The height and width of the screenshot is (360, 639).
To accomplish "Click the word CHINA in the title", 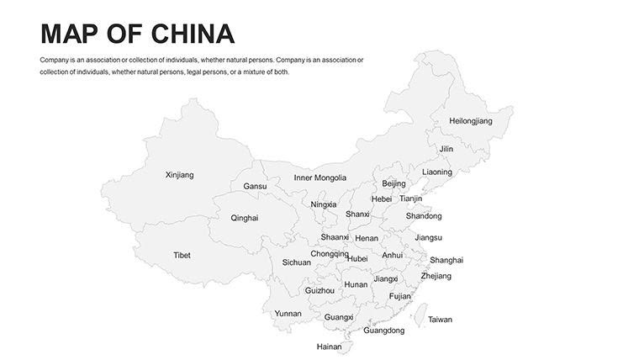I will (193, 34).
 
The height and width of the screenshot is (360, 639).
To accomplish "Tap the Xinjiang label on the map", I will (179, 175).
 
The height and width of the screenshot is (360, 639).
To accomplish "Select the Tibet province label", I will (182, 255).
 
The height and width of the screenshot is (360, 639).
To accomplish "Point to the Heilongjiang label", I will (471, 121).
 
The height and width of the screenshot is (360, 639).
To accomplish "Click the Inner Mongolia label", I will (319, 177).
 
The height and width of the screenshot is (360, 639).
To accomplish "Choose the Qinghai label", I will (245, 218).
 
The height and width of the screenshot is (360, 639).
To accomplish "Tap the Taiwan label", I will (440, 320).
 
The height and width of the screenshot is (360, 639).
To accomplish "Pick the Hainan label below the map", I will (329, 347).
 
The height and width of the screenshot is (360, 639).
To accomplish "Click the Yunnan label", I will (288, 314).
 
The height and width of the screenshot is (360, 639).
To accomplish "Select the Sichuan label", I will (296, 262).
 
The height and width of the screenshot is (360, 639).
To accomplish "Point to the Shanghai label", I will (446, 260).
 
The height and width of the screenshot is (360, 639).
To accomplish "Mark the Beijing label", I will (393, 183).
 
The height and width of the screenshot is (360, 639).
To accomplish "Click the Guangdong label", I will (383, 331).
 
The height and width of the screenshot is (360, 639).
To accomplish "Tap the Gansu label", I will (255, 186).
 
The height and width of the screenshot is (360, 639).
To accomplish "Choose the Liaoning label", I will (436, 172).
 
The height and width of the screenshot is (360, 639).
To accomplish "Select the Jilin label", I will (446, 149).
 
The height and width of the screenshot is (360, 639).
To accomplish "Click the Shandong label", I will (423, 216).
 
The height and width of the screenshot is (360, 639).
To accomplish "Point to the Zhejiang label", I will (436, 276).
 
